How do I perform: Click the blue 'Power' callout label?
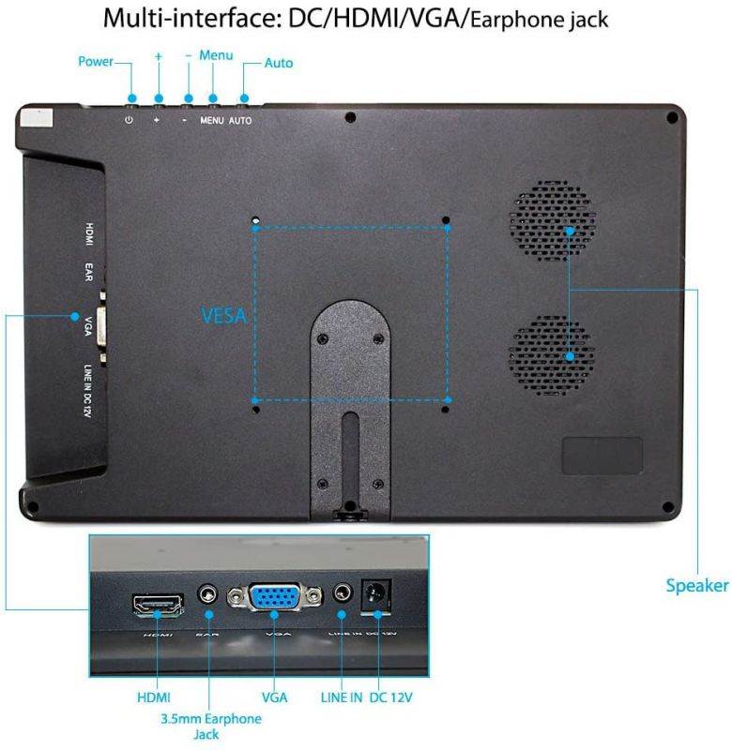click(x=95, y=63)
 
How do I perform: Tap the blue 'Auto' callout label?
click(x=279, y=63)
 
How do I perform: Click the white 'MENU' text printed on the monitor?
click(x=211, y=121)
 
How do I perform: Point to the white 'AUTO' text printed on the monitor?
click(x=240, y=121)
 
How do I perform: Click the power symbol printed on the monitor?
click(x=129, y=121)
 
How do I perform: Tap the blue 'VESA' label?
click(x=223, y=316)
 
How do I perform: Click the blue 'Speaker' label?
click(x=697, y=586)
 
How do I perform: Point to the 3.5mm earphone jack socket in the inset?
click(x=208, y=595)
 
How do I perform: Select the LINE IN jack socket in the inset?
click(x=343, y=595)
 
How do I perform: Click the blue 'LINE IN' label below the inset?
click(x=341, y=697)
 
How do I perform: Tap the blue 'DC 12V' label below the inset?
click(x=391, y=697)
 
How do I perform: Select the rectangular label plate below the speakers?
click(x=602, y=455)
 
